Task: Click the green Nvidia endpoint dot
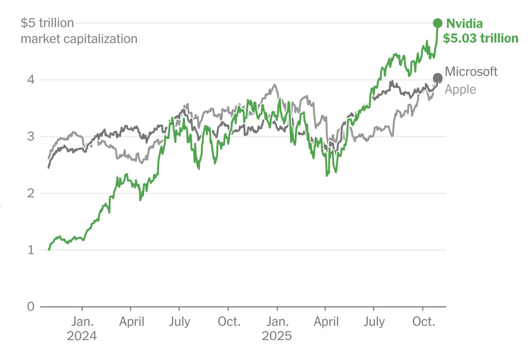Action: coord(437,23)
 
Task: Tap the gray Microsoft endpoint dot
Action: coord(437,77)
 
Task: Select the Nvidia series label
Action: coord(465,23)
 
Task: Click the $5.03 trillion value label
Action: coord(480,38)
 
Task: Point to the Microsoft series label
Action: coord(471,72)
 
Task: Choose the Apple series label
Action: coord(460,89)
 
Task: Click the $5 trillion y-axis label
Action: coord(47,23)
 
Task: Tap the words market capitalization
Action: coord(79,38)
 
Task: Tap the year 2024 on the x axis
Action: coord(81,336)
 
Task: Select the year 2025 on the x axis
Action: coord(276,336)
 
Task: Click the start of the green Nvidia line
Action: coord(49,250)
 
